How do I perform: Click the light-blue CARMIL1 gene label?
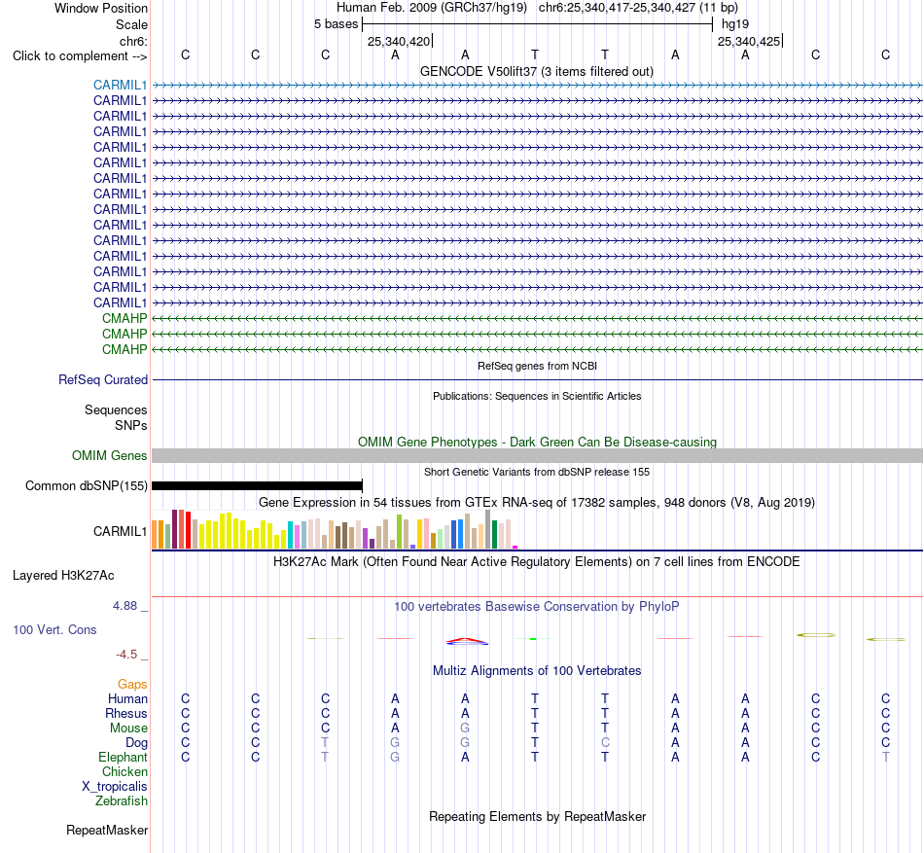(120, 86)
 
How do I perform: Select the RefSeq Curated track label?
(103, 380)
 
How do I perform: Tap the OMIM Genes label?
(110, 455)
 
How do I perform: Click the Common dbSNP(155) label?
(87, 486)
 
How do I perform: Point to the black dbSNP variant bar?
(257, 486)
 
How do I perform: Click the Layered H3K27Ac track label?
(63, 576)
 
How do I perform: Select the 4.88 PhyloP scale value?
(124, 606)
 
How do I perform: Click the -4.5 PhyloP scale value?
(126, 655)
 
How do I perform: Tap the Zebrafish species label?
(122, 801)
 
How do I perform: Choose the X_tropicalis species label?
(115, 787)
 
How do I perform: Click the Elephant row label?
(124, 758)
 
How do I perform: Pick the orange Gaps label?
(132, 685)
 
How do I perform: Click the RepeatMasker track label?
(107, 831)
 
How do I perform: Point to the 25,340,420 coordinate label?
(399, 41)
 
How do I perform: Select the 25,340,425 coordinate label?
(749, 41)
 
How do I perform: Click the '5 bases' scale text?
(336, 24)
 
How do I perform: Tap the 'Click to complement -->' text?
(80, 56)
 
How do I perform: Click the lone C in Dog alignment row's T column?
(605, 743)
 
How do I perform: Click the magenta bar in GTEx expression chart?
(515, 548)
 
